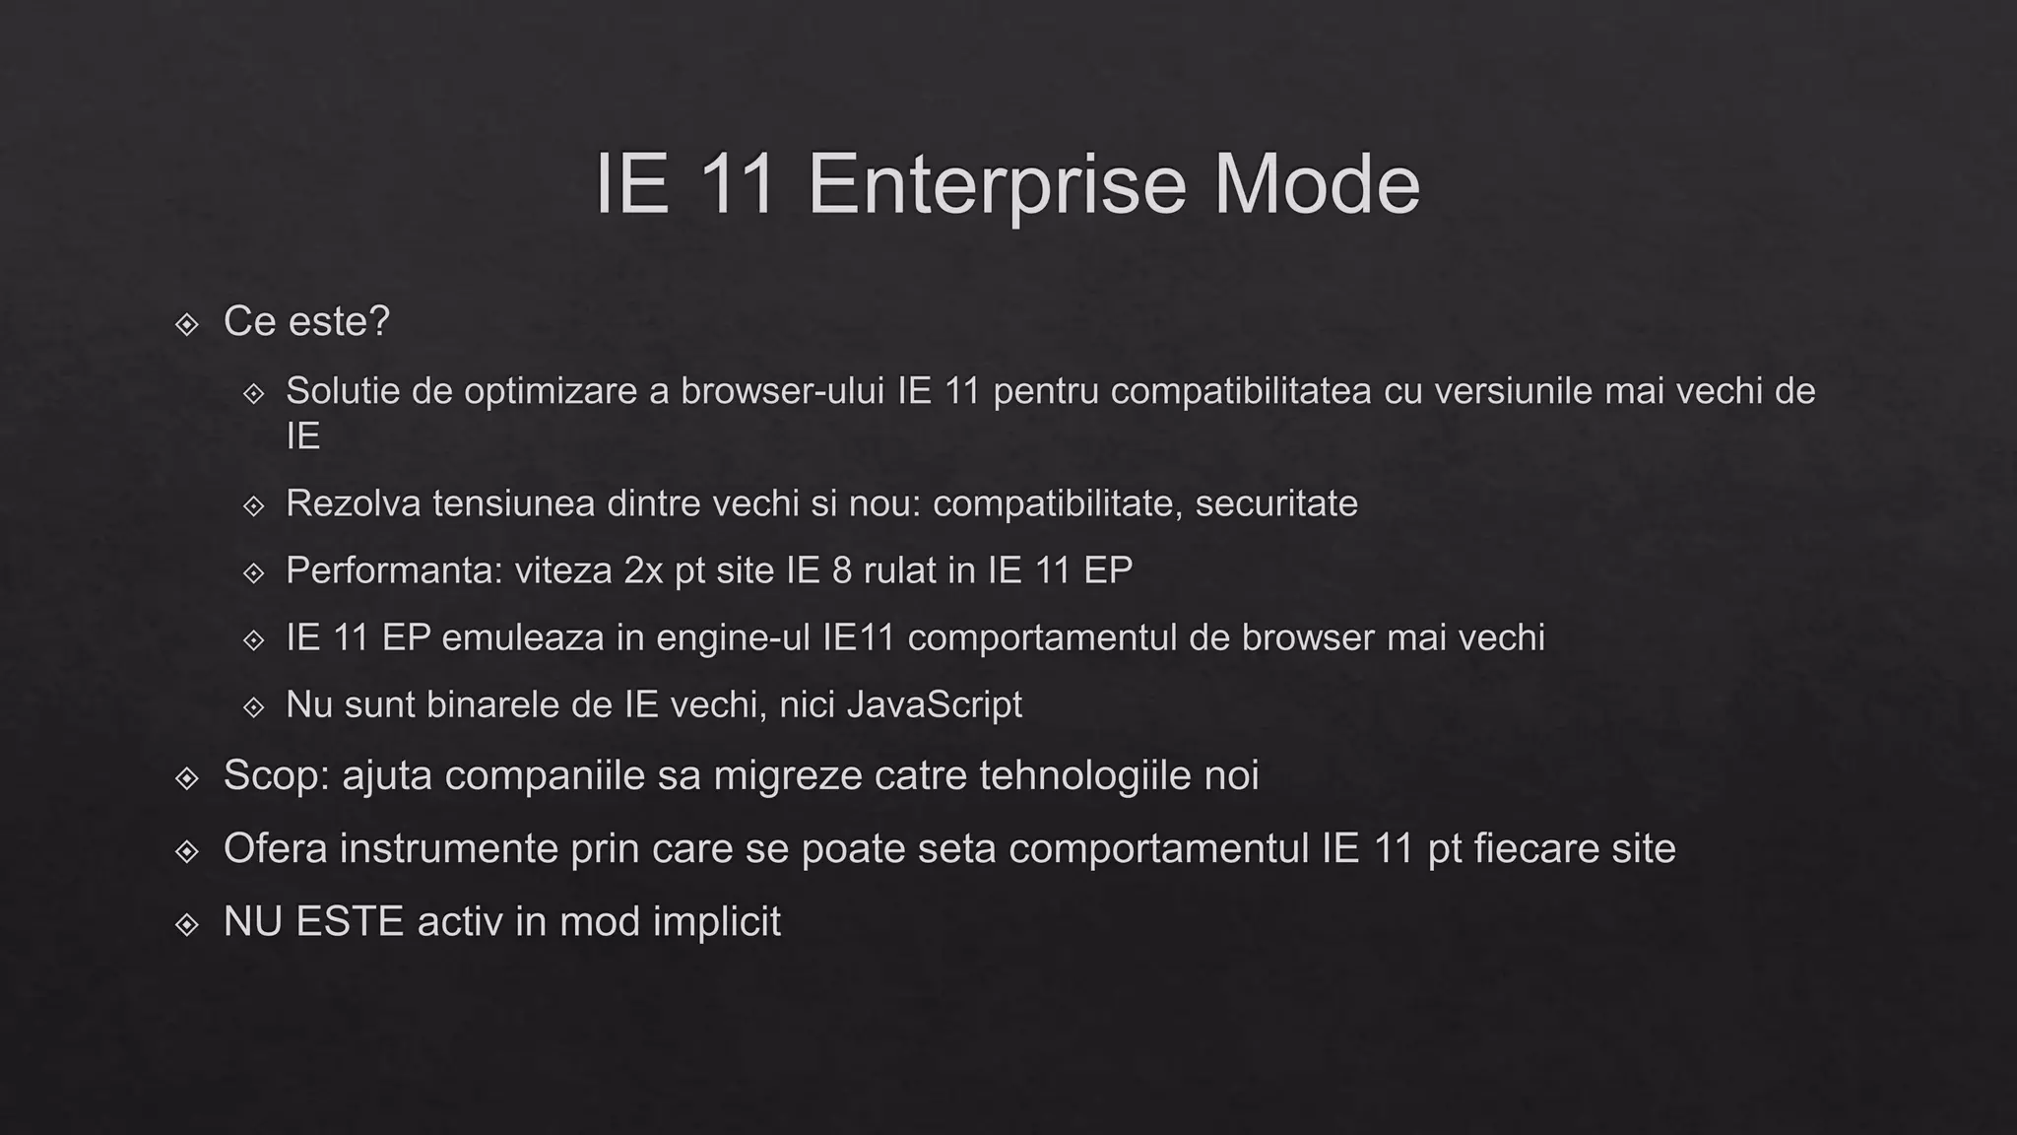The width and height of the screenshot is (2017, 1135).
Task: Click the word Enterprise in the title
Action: [x=997, y=184]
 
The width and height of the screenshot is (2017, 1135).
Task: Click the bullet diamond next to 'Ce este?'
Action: [x=186, y=324]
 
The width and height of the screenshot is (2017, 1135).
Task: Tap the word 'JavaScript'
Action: [x=934, y=704]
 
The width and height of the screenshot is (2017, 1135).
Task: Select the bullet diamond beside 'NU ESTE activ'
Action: [x=186, y=925]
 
